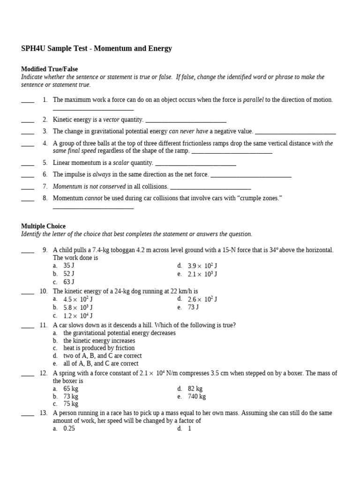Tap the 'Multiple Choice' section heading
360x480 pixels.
(43, 226)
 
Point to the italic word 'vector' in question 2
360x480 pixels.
(112, 120)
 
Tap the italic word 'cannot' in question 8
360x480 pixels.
(94, 198)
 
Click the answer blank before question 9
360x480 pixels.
(28, 251)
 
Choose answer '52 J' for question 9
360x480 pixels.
(69, 274)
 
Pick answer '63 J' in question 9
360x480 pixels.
(69, 282)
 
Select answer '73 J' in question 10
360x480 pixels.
(193, 307)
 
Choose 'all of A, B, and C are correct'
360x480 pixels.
(101, 363)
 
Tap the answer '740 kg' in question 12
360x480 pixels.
(196, 396)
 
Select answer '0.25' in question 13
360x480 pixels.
(69, 428)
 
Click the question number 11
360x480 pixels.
(44, 325)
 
